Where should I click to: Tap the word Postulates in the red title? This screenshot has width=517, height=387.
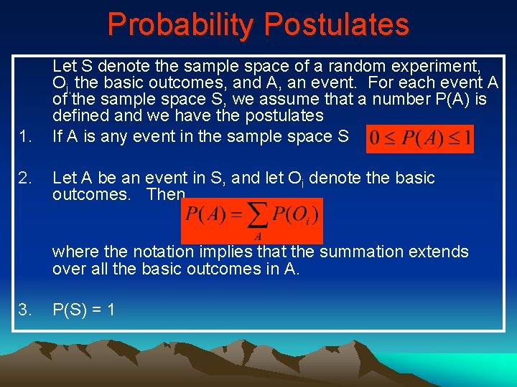click(336, 24)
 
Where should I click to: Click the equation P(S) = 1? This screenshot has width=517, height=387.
click(84, 310)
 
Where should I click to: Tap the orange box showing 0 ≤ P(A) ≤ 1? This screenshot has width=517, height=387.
click(419, 138)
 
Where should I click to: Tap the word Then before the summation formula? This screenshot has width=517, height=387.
click(166, 195)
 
